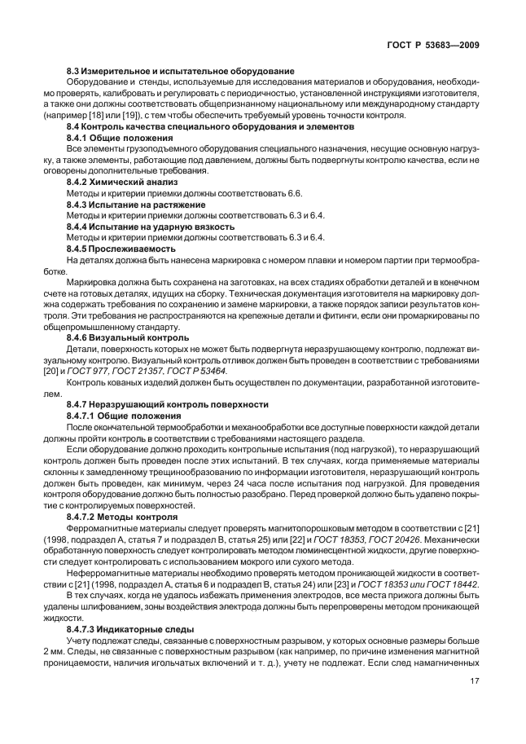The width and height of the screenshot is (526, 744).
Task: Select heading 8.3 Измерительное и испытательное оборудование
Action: coord(180,72)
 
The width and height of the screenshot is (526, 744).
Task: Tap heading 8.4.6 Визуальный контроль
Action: coord(127,337)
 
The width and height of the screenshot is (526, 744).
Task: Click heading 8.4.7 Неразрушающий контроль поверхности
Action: coord(173,403)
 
